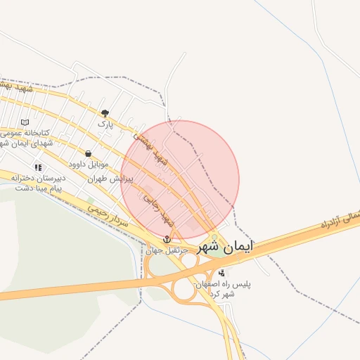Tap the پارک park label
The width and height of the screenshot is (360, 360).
(105, 124)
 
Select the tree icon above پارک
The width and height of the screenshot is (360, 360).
(105, 112)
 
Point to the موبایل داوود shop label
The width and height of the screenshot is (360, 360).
(88, 165)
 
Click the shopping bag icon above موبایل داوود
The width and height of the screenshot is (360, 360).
(88, 153)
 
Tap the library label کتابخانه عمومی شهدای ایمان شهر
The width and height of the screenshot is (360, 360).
(25, 137)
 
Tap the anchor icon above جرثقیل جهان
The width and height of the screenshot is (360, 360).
(167, 240)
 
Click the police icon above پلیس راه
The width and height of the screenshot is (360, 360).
(222, 273)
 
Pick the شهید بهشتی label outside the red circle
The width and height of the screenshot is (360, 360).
(18, 87)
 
